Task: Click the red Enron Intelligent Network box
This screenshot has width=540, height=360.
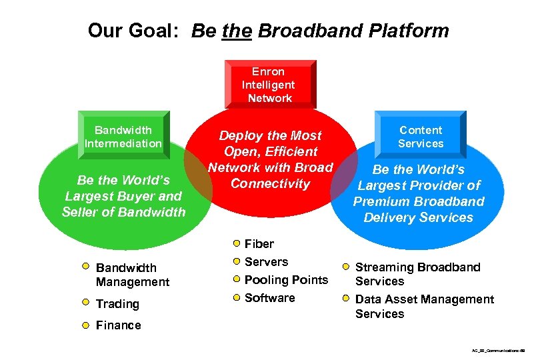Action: (x=270, y=85)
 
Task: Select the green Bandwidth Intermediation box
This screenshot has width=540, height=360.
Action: (x=123, y=136)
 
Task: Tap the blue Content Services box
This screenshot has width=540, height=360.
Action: (x=421, y=137)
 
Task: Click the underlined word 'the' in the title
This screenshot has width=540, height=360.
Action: (x=238, y=31)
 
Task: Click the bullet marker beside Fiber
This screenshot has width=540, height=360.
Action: (x=236, y=243)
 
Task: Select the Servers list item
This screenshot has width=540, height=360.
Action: (x=267, y=262)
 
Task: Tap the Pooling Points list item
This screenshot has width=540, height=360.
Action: (x=287, y=280)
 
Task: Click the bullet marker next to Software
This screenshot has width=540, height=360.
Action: (x=236, y=297)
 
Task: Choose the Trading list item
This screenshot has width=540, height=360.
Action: (x=117, y=304)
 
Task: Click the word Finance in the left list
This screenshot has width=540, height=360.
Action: (x=119, y=325)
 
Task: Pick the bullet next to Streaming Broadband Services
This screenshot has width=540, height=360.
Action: (x=346, y=267)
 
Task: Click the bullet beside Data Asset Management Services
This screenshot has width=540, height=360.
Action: (x=346, y=299)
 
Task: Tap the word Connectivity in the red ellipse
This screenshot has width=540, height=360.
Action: (x=270, y=183)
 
